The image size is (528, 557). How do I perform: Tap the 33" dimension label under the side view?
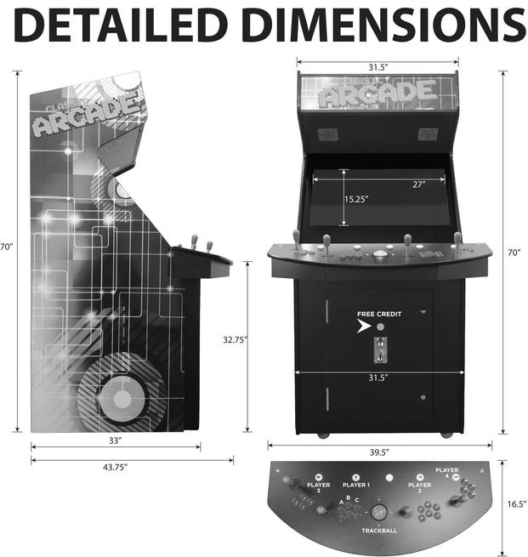click(115, 440)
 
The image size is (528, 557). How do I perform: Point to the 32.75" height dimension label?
click(236, 339)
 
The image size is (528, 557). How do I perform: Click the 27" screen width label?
click(419, 185)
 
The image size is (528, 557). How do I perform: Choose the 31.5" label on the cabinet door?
click(378, 377)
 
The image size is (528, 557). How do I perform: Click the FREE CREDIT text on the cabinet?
click(378, 314)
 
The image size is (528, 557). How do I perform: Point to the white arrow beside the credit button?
click(363, 326)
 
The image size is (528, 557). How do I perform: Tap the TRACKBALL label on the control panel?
click(378, 530)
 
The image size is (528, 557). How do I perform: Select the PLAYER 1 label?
click(355, 485)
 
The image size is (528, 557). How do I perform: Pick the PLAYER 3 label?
click(317, 489)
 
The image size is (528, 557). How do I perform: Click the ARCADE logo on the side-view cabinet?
click(85, 117)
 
